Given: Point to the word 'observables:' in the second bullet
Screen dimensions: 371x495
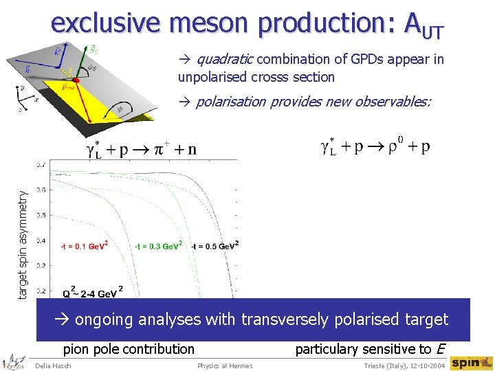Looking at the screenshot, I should pyautogui.click(x=395, y=102).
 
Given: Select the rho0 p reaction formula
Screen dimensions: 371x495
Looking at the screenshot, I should pyautogui.click(x=375, y=147).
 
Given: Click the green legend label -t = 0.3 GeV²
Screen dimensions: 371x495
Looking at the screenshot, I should pyautogui.click(x=158, y=246).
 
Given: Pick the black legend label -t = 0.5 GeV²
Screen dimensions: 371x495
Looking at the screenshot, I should pyautogui.click(x=214, y=246).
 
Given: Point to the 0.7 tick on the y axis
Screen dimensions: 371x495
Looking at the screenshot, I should pyautogui.click(x=42, y=164).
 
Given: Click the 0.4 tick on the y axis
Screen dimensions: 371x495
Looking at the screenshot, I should pyautogui.click(x=42, y=240).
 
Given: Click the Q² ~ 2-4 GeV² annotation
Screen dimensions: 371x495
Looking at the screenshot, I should pyautogui.click(x=92, y=292).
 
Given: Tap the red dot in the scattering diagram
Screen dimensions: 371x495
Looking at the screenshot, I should pyautogui.click(x=76, y=80).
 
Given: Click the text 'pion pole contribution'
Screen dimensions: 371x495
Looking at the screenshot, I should pyautogui.click(x=129, y=349).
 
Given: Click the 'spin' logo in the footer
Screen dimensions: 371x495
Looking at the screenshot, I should pyautogui.click(x=471, y=362).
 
